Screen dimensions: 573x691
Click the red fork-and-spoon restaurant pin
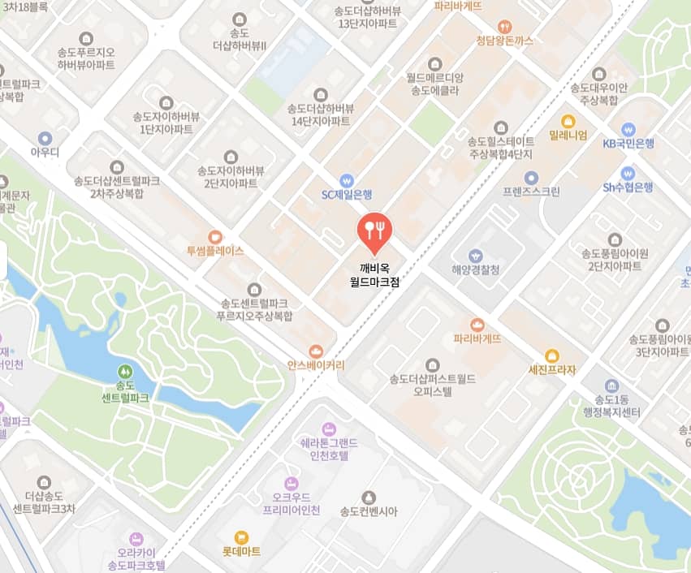(x=374, y=230)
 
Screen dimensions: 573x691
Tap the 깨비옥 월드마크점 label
(x=374, y=275)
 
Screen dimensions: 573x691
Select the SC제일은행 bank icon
(x=347, y=179)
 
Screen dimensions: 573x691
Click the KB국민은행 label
(x=628, y=144)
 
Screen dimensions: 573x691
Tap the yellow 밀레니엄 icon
(x=568, y=120)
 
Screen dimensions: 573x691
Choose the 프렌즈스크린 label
(x=531, y=192)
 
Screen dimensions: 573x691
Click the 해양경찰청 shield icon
(x=476, y=256)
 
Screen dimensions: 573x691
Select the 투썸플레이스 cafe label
(x=215, y=251)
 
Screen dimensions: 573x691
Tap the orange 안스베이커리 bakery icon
(x=316, y=351)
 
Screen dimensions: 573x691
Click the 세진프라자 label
(x=552, y=370)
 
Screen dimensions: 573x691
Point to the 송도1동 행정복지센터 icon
(x=612, y=386)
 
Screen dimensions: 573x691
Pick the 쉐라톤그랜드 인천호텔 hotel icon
(x=328, y=428)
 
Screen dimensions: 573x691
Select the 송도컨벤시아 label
(x=368, y=511)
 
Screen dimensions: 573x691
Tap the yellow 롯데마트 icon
(x=241, y=536)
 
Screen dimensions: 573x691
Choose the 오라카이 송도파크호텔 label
(x=136, y=557)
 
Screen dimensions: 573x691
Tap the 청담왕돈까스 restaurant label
(x=505, y=41)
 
